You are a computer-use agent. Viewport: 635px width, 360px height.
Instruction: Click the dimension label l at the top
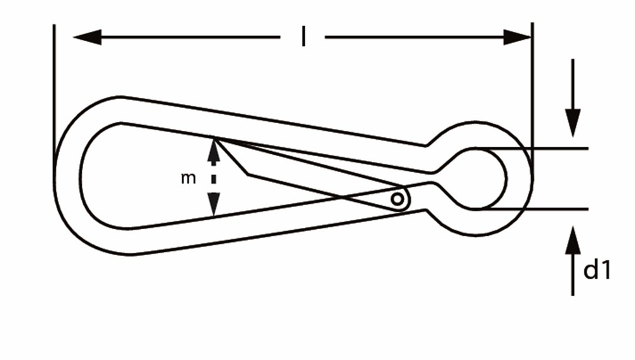[x=304, y=36]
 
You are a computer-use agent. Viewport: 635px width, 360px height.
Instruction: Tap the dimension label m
[x=189, y=178]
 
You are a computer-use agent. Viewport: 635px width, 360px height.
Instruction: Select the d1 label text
[x=597, y=269]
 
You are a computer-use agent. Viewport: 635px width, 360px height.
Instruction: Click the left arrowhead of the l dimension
[x=87, y=37]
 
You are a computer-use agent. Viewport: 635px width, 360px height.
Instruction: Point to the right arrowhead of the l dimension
[x=517, y=37]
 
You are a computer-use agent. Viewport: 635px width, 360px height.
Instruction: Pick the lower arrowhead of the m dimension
[x=213, y=204]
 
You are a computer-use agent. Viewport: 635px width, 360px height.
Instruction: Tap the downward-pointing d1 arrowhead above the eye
[x=573, y=123]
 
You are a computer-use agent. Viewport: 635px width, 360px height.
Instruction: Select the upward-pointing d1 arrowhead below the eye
[x=573, y=241]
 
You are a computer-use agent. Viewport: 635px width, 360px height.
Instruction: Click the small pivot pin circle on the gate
[x=398, y=199]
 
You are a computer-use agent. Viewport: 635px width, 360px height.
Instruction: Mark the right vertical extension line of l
[x=532, y=99]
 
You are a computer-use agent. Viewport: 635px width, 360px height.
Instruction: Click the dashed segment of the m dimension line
[x=213, y=177]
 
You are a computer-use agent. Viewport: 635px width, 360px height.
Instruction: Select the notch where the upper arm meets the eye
[x=426, y=145]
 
